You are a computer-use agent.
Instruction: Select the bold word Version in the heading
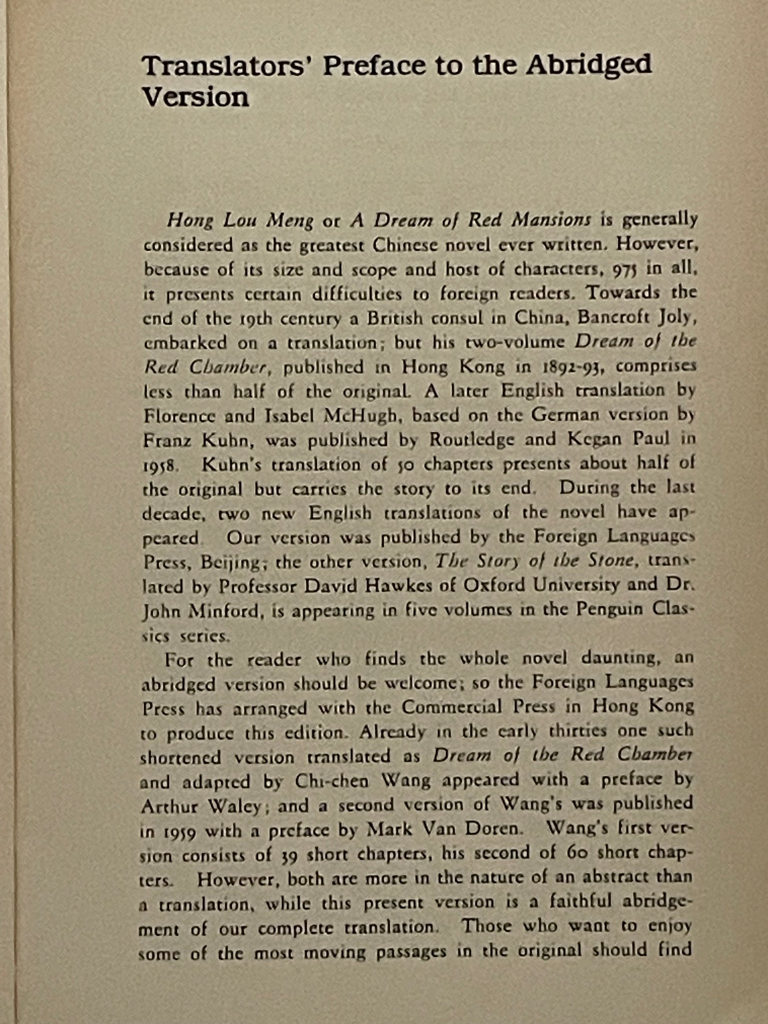pos(195,98)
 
